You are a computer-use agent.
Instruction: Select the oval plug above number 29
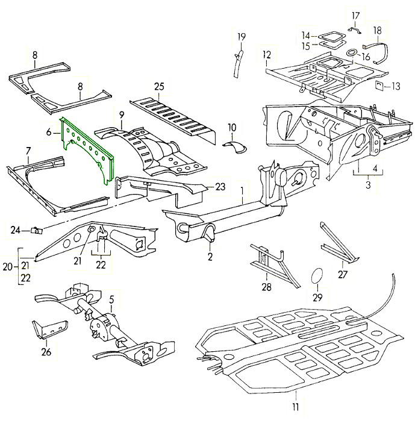317,276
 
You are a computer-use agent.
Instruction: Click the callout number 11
296,407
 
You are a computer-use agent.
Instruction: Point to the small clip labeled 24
36,229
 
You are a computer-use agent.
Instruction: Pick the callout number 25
159,87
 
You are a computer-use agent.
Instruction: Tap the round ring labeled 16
348,56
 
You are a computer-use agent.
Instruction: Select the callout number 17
354,14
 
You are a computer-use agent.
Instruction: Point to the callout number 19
241,37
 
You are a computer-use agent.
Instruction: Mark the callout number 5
111,297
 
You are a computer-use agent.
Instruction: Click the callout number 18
377,30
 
